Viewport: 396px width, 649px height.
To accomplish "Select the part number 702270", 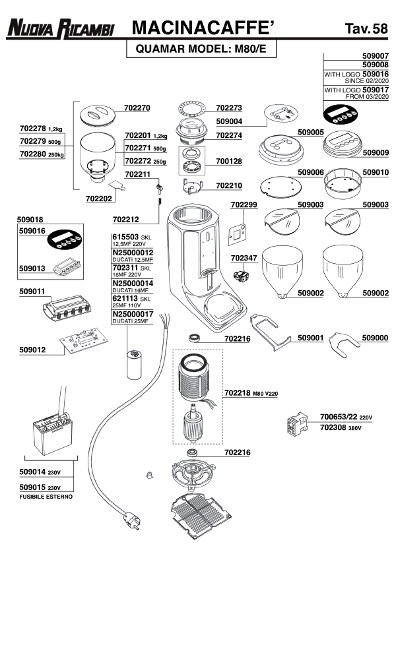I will point(137,108).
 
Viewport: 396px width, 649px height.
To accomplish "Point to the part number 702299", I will point(244,205).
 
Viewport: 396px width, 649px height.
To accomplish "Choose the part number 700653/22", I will point(339,417).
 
